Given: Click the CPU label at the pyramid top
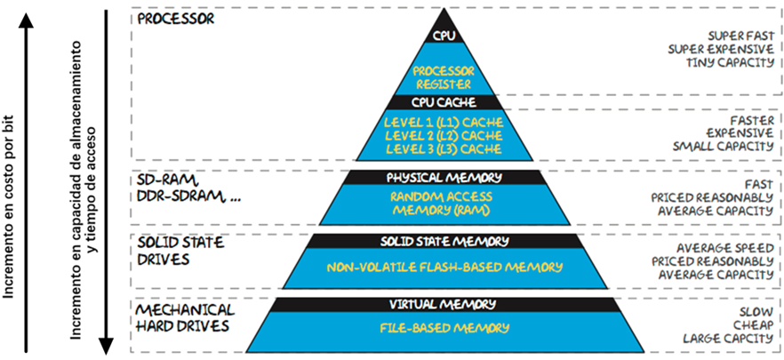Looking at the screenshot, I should coord(443,36).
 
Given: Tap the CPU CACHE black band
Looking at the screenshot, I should coord(443,102).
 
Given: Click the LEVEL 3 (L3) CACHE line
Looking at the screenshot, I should coord(443,148).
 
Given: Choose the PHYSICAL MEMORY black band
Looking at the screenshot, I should coord(443,177).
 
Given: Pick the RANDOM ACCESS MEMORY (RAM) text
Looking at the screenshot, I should coord(443,204).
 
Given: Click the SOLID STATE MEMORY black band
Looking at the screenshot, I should coord(443,241).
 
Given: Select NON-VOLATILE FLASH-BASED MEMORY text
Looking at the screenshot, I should coord(443,267).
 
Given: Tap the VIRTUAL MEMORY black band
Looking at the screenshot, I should coord(443,305).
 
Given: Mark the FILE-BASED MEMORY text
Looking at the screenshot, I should coord(443,329).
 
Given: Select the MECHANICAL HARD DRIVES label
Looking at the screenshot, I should coord(185,317).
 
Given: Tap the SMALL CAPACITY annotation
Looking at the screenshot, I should coord(725,145).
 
